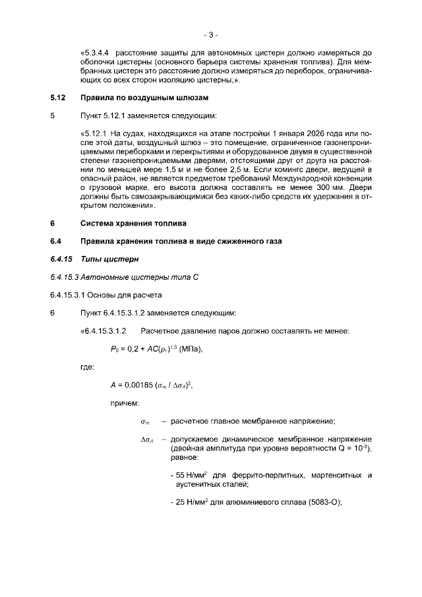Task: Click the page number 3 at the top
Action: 211,34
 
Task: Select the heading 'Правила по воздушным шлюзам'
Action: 144,98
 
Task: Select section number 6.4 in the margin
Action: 56,241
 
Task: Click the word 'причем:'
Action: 125,402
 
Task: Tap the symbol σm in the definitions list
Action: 145,422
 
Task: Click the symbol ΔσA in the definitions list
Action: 147,439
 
